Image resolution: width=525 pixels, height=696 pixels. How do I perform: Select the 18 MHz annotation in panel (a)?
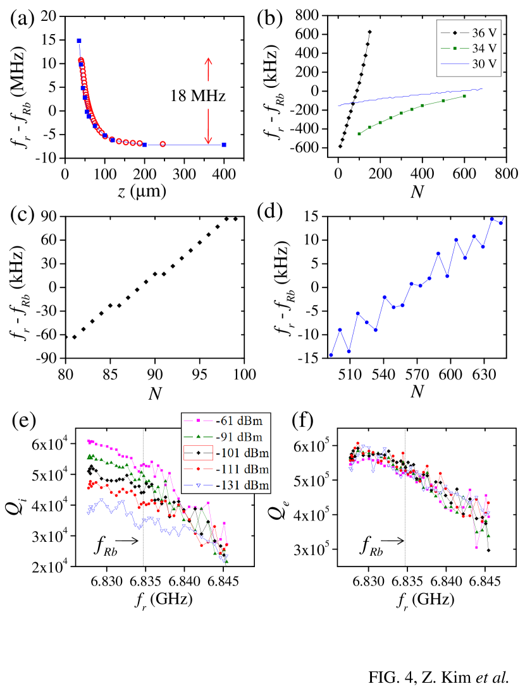198,97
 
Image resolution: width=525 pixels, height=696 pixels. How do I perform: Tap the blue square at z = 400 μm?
224,145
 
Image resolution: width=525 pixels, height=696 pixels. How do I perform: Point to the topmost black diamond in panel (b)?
369,32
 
